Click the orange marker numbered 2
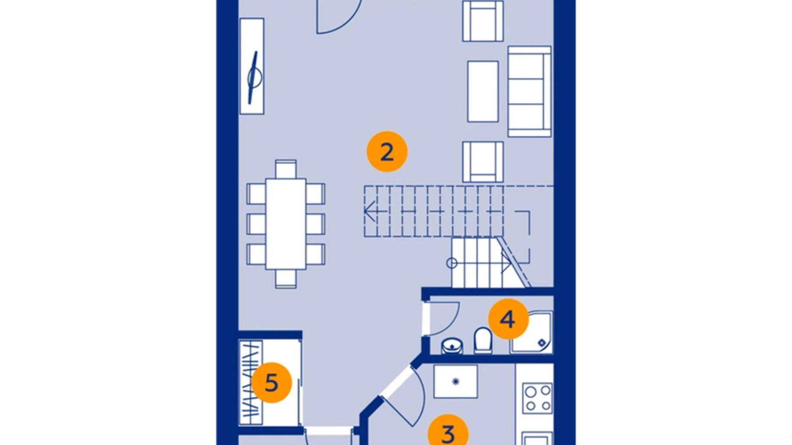387,152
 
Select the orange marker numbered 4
508,319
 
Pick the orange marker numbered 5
271,383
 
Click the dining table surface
286,224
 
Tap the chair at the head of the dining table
286,169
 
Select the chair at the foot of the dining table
286,279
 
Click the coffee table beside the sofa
483,92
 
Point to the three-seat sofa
529,92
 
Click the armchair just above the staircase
482,162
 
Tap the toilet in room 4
483,340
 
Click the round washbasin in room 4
452,345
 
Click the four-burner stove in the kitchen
537,398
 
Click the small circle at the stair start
452,263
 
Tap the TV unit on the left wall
252,66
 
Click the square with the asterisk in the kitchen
456,381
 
